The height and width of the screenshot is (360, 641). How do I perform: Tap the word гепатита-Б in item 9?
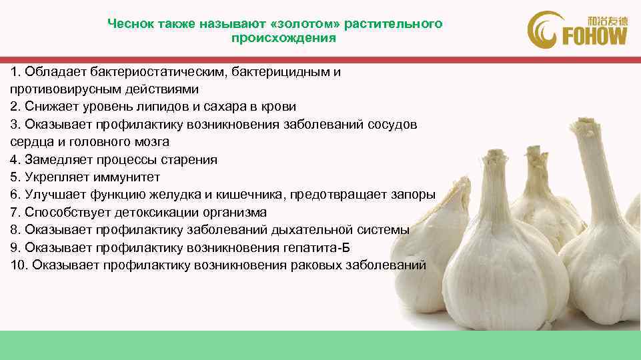pos(319,248)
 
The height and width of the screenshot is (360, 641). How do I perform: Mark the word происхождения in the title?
pos(283,39)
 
